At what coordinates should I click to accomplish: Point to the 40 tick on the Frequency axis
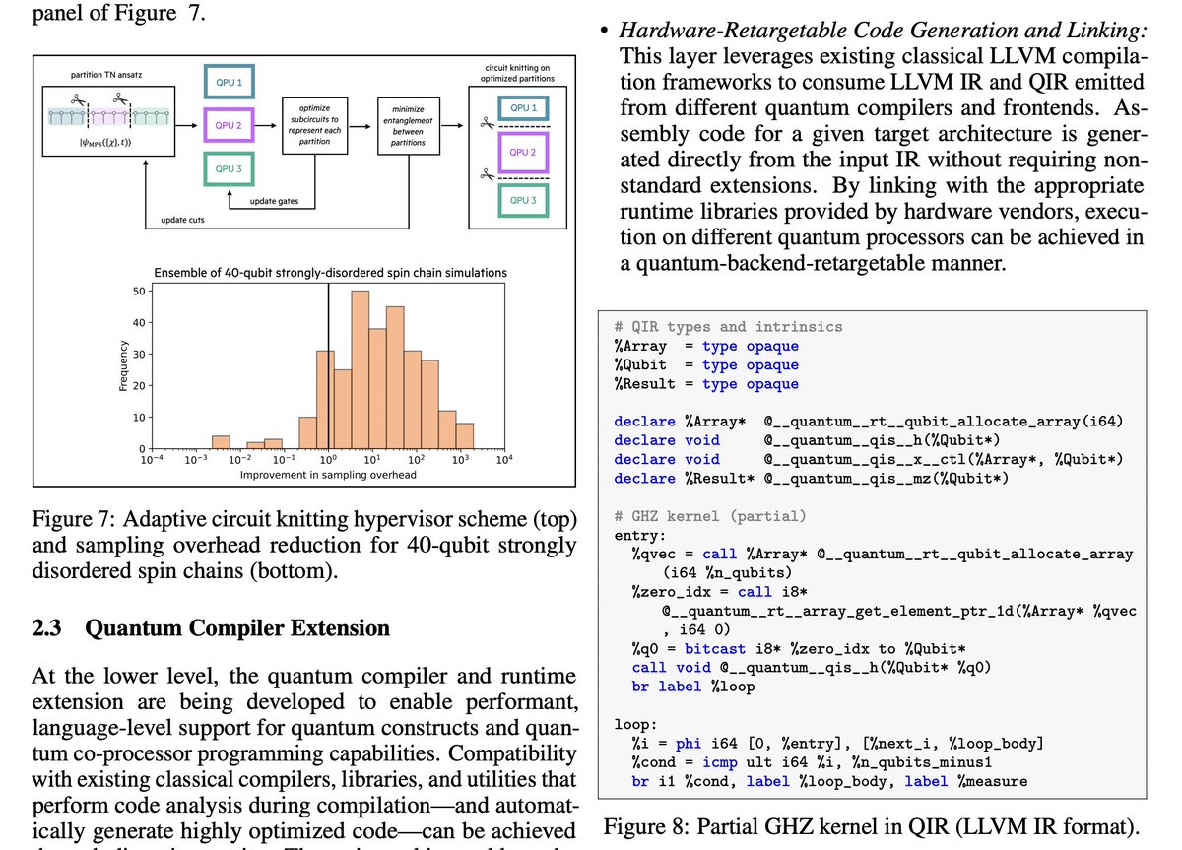point(139,323)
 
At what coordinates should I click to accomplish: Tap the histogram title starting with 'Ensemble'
point(332,272)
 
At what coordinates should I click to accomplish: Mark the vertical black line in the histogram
point(329,374)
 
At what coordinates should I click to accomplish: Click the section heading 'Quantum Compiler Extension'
point(237,628)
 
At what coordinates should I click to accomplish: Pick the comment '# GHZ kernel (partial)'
point(709,516)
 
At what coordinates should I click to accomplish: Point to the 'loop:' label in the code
point(634,725)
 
